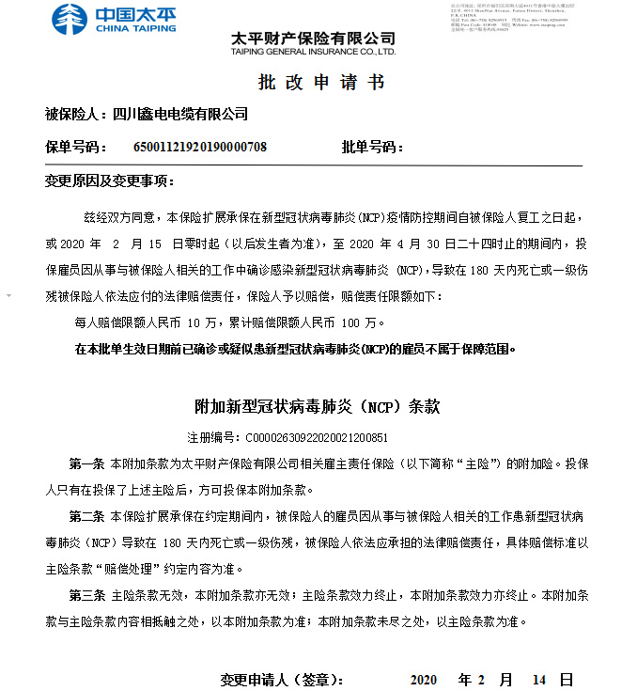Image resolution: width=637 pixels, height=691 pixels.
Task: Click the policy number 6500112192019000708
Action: (x=200, y=147)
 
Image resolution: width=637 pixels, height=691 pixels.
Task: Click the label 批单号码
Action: (x=372, y=147)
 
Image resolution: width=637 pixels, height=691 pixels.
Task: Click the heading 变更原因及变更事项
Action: (x=109, y=181)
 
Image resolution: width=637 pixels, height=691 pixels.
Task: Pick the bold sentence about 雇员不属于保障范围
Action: (x=295, y=349)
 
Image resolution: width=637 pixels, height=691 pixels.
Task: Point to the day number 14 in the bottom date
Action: (x=538, y=679)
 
